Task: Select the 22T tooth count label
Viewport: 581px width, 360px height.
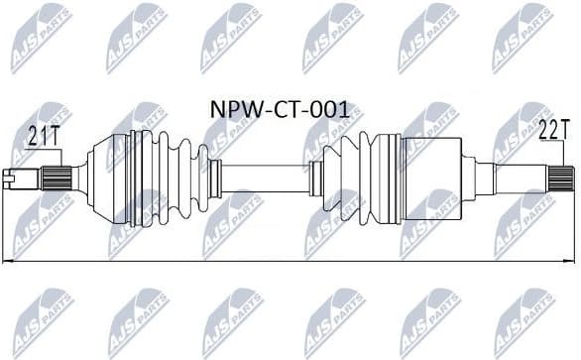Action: click(552, 129)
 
